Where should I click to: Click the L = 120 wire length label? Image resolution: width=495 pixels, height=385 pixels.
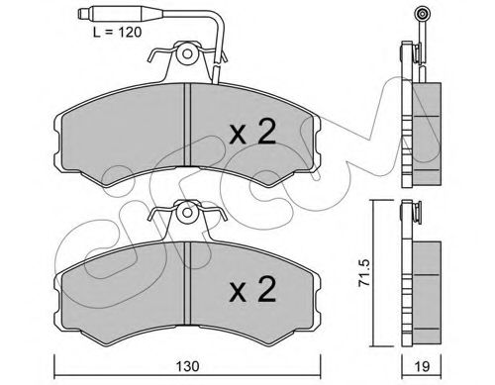[x=117, y=33]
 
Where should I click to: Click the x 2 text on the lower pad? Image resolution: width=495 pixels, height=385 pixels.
[x=252, y=289]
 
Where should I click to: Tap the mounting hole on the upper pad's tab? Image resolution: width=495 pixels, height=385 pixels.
[x=187, y=53]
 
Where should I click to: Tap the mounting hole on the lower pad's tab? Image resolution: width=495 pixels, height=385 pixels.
[x=187, y=213]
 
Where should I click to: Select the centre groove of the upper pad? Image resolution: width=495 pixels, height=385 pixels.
[x=187, y=125]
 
